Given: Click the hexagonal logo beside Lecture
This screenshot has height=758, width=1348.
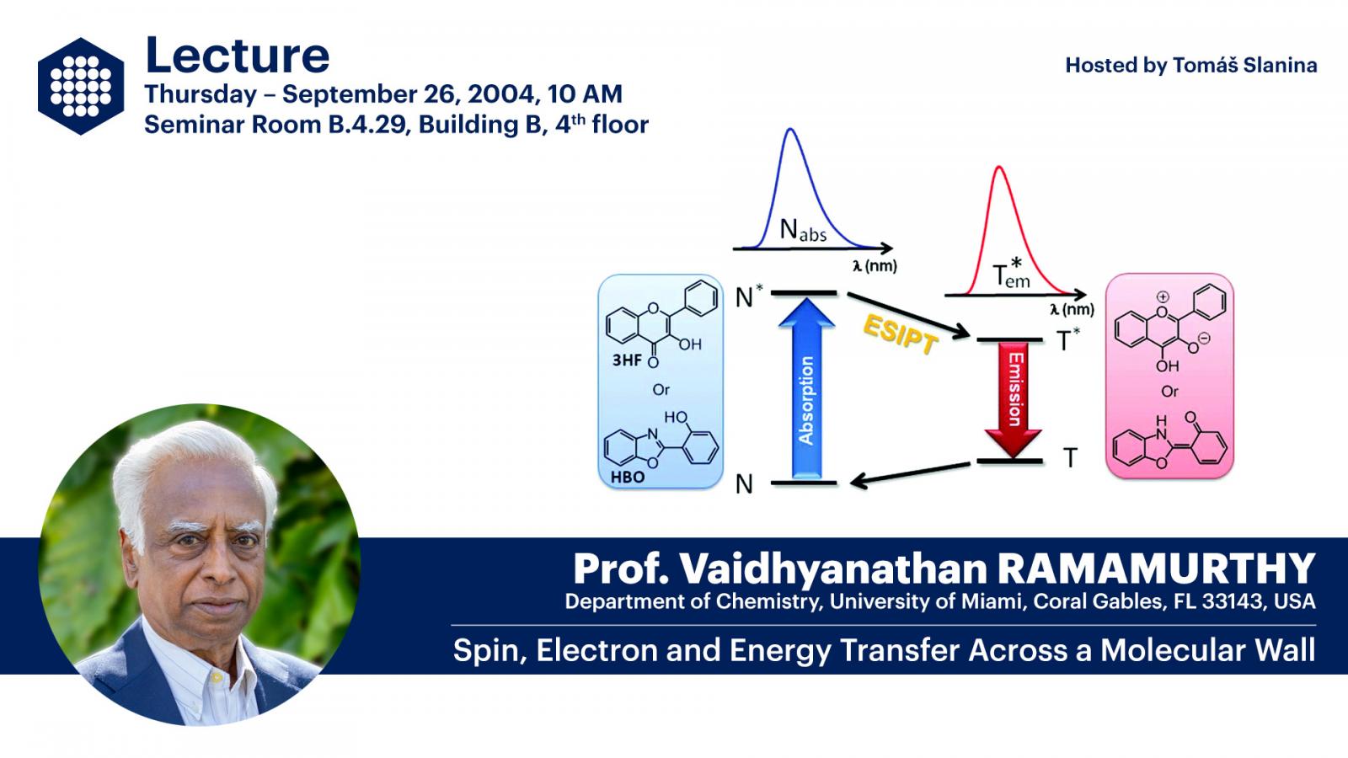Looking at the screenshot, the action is coord(81,86).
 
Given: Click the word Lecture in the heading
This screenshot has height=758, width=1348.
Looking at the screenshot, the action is coord(237,56).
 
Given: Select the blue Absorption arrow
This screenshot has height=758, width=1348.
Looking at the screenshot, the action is coord(806,388).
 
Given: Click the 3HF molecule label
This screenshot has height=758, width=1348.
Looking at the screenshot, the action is coord(627,360).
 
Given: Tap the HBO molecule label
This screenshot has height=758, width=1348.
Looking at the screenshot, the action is coord(628,477).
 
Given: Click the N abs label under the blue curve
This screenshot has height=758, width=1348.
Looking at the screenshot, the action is coord(803,231).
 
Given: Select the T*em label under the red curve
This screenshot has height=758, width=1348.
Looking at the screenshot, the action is coord(1011,273).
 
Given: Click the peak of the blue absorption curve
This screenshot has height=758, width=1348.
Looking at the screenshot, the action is coord(790,129).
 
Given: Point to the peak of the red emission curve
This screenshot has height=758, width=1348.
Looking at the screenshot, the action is coord(999,167).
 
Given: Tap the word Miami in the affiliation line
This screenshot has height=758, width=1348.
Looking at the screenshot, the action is coord(993,601).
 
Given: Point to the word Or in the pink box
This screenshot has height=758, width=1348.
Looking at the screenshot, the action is coord(1169,392).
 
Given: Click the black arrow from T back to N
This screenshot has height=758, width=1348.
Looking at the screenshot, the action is coord(910,473).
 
